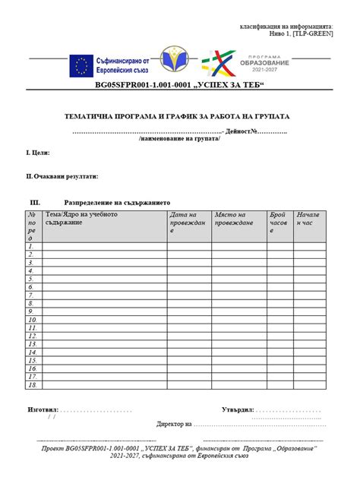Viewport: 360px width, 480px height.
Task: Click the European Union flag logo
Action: pos(81,67)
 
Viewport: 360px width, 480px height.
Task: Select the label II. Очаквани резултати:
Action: pos(62,176)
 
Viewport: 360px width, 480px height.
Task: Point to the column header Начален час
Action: pos(309,219)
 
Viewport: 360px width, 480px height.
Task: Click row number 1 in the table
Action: pos(32,246)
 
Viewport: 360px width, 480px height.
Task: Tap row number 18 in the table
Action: pos(32,385)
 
